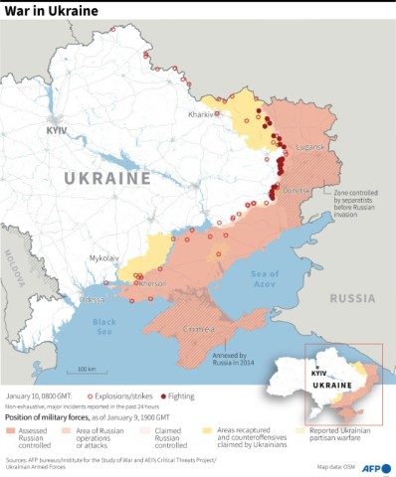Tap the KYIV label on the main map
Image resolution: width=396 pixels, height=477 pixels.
click(59, 130)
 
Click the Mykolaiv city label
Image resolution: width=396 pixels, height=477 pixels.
click(105, 256)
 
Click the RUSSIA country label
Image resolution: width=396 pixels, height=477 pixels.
click(352, 297)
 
